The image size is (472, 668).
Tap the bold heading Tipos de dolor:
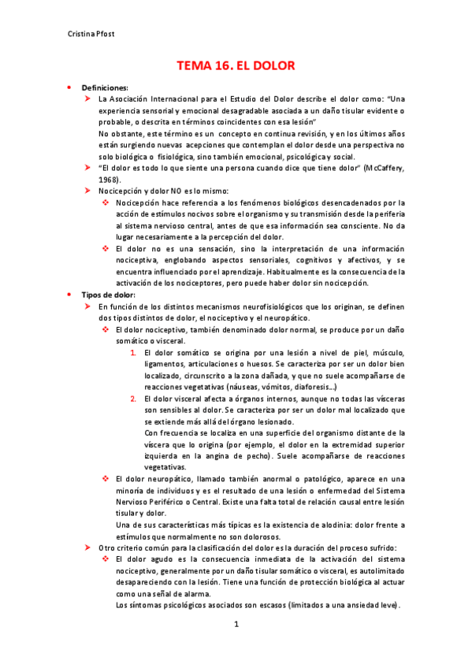109,294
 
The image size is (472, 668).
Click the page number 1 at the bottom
236,624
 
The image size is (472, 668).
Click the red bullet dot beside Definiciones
69,87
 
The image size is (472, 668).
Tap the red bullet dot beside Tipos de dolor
69,294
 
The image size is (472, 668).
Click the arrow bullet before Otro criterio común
88,547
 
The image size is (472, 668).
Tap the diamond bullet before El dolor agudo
106,559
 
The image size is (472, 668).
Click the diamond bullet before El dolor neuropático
106,479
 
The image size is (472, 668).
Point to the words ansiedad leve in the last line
370,605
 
